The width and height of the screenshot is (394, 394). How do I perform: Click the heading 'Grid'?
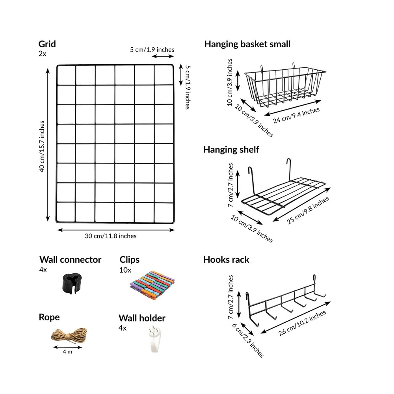point(47,44)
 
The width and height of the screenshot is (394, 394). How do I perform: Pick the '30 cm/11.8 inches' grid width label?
point(111,236)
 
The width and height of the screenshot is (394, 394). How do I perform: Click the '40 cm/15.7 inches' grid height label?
point(42,146)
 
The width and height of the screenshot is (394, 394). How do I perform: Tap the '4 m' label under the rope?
point(67,351)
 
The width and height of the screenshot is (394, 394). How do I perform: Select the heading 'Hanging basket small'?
point(247,44)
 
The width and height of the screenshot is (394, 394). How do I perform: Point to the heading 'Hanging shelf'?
point(231,150)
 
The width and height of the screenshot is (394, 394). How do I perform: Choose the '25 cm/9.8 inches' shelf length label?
point(309,210)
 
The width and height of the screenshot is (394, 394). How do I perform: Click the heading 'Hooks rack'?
point(226,260)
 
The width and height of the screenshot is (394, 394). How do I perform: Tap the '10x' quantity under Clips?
point(125,270)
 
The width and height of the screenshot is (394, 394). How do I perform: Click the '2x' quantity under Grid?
point(42,54)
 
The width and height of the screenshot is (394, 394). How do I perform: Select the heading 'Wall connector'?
point(70,260)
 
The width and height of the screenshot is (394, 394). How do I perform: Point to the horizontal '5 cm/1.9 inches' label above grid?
point(152,50)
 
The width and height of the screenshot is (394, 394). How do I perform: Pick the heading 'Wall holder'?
point(142,318)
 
